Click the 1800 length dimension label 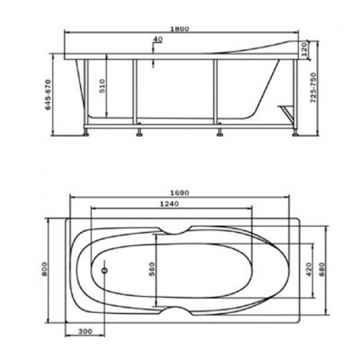pyautogui.click(x=180, y=28)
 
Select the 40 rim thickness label pyautogui.click(x=158, y=40)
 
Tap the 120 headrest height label pyautogui.click(x=303, y=49)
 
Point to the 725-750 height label pyautogui.click(x=313, y=87)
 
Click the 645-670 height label pyautogui.click(x=48, y=95)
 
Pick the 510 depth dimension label pyautogui.click(x=103, y=86)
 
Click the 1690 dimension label pyautogui.click(x=180, y=193)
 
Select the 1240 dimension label pyautogui.click(x=169, y=204)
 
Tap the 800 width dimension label pyautogui.click(x=44, y=269)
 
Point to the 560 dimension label pyautogui.click(x=152, y=269)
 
